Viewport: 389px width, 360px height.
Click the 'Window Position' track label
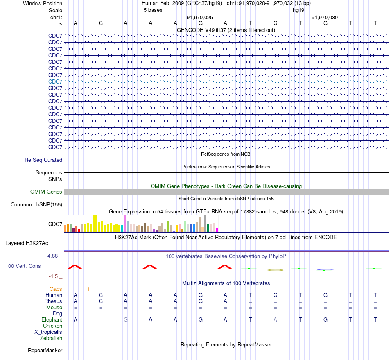tap(43, 3)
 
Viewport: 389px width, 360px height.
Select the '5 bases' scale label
tap(153, 10)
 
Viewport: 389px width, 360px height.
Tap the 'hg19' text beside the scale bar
tap(299, 10)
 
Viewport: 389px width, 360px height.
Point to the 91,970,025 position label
tap(200, 17)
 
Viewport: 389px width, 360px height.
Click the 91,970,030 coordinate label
tap(324, 17)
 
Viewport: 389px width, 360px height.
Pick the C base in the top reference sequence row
tap(276, 23)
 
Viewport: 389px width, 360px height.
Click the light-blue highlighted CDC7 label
tap(55, 82)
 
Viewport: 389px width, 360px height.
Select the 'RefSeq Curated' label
tap(43, 160)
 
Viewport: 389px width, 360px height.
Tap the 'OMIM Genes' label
tap(46, 192)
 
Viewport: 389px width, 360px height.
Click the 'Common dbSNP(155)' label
tap(36, 204)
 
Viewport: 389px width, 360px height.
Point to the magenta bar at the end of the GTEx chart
tap(217, 230)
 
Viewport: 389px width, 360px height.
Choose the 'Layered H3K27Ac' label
tap(27, 243)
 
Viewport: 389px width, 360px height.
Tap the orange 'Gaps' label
tap(56, 289)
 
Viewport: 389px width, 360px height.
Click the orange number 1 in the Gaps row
tap(88, 289)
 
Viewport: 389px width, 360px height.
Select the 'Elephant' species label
tap(52, 319)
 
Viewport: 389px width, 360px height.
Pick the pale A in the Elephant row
tap(275, 319)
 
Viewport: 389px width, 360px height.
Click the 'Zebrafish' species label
tap(51, 338)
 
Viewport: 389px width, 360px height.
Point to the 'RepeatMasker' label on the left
tap(45, 350)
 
